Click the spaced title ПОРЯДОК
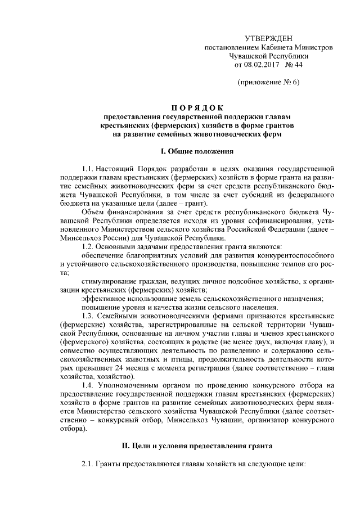pyautogui.click(x=194, y=108)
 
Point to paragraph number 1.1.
pyautogui.click(x=88, y=168)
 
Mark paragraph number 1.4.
pyautogui.click(x=88, y=384)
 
